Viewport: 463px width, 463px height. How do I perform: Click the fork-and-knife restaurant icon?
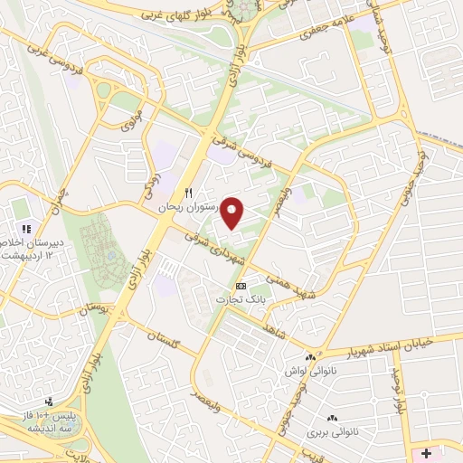click(189, 192)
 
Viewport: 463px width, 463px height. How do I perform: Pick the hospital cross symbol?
click(426, 449)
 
